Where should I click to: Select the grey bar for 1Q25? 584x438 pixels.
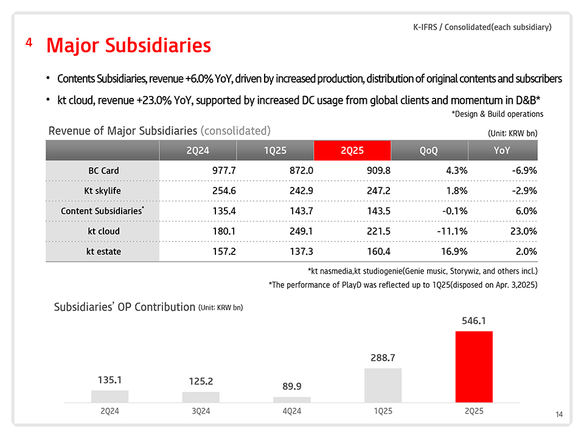383,385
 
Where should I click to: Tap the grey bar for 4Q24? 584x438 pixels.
292,399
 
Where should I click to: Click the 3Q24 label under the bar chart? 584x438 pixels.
201,412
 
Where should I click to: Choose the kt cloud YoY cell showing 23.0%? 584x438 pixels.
521,231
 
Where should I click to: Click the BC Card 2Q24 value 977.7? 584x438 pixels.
222,171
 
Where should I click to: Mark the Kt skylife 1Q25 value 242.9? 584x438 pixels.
298,191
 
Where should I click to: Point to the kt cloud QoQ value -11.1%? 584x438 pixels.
451,231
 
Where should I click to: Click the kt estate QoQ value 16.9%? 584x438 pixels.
453,251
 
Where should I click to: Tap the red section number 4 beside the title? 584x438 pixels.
29,43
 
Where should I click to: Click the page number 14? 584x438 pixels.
559,415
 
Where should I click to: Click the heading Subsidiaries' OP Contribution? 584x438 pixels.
124,306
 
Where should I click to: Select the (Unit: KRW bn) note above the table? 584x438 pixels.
512,132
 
